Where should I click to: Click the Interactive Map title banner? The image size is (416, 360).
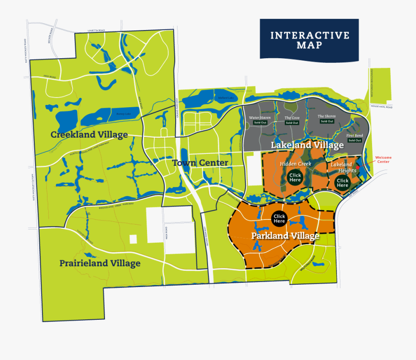coord(309,40)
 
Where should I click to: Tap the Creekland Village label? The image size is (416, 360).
coord(89,135)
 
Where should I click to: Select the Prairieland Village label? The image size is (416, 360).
coord(100,263)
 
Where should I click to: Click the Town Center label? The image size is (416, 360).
coord(200,163)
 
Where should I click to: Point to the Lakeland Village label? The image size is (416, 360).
coord(307,145)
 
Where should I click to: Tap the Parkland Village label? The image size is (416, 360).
coord(285,236)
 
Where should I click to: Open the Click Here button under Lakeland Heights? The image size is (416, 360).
coord(343,183)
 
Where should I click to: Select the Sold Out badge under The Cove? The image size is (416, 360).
coord(292,123)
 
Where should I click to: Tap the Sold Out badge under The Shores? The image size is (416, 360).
coord(327,122)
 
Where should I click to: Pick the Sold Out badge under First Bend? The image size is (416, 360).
coord(355,140)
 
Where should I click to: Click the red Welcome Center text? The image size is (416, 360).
coord(383,159)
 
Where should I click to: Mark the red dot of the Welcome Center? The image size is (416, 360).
coord(357,168)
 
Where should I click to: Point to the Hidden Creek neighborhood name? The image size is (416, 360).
coord(295,164)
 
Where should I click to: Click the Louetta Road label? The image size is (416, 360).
coord(96,31)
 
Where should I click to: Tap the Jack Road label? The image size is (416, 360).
coord(49,77)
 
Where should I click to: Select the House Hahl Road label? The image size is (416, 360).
coord(382,107)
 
